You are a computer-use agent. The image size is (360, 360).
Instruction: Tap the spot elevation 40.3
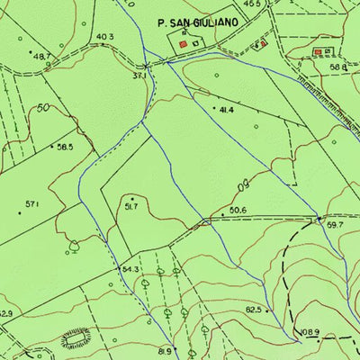point(105,37)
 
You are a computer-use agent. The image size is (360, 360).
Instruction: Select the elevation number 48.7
point(41,57)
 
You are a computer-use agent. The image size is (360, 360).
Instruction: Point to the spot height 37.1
point(139,76)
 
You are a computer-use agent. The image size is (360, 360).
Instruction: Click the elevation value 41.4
point(224,110)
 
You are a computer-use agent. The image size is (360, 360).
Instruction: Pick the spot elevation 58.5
point(65,147)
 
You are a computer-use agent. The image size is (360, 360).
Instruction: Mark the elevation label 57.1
point(32,204)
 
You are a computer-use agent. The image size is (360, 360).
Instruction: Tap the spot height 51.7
point(130,207)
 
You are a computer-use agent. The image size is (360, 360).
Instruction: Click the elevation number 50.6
point(238,211)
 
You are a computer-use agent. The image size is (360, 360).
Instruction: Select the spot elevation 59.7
point(336,225)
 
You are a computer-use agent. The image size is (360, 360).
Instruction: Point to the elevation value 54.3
point(130,269)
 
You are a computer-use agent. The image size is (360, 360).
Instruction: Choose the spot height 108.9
point(310,332)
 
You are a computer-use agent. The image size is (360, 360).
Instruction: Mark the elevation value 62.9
point(6,314)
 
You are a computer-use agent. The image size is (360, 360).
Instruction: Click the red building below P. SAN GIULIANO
point(184,42)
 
